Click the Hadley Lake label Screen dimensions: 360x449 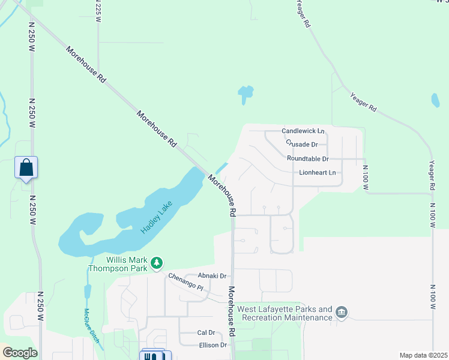pos(157,218)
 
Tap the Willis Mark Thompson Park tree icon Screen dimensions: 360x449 pos(157,263)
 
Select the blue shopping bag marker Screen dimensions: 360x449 pos(26,167)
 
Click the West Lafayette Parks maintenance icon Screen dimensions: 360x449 pos(342,312)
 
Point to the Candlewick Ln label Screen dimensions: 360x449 pos(303,131)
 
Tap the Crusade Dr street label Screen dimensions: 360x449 pos(306,144)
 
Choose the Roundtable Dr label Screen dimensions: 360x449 pos(308,159)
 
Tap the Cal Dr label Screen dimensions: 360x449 pos(206,332)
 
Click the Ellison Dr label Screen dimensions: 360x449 pos(213,345)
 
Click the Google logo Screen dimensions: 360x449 pos(19,353)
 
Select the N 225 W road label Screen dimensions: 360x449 pos(98,11)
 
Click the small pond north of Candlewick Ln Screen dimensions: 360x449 pos(245,94)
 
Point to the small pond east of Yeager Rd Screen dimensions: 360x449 pos(435,100)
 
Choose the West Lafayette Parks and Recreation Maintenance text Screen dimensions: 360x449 pos(285,313)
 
